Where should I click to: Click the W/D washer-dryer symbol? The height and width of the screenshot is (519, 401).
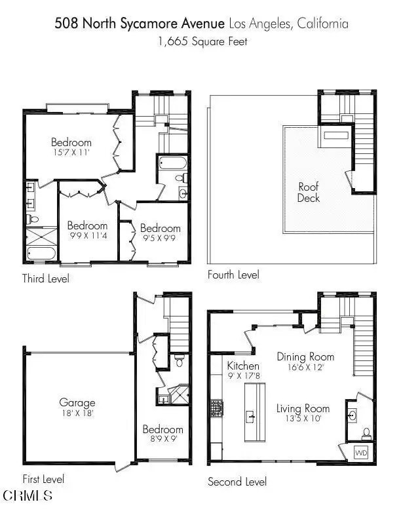pyautogui.click(x=360, y=452)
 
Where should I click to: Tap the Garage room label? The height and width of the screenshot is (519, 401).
pyautogui.click(x=77, y=402)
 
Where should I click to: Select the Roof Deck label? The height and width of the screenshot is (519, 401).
pyautogui.click(x=309, y=192)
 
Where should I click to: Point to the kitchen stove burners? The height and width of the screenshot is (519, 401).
pyautogui.click(x=217, y=408)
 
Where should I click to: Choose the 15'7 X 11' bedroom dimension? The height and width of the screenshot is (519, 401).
pyautogui.click(x=71, y=153)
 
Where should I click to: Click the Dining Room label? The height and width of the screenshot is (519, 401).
pyautogui.click(x=305, y=356)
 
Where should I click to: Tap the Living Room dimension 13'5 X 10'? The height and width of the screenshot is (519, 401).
pyautogui.click(x=303, y=418)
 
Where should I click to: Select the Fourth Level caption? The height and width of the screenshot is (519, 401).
pyautogui.click(x=233, y=275)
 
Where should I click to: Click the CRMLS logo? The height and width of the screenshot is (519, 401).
pyautogui.click(x=28, y=495)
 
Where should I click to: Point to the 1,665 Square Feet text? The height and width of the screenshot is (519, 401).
pyautogui.click(x=202, y=42)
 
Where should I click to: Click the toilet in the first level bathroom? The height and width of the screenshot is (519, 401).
pyautogui.click(x=180, y=360)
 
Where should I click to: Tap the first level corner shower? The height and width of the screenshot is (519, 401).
pyautogui.click(x=179, y=394)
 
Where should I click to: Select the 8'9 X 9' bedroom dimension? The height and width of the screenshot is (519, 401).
pyautogui.click(x=163, y=439)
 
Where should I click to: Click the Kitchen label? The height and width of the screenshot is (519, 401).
pyautogui.click(x=243, y=366)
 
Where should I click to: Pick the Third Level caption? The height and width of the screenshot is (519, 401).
pyautogui.click(x=46, y=279)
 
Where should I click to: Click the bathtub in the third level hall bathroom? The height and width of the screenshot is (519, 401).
pyautogui.click(x=173, y=163)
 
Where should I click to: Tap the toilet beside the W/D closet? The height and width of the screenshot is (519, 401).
pyautogui.click(x=366, y=434)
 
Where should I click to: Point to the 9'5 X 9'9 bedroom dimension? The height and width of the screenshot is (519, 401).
pyautogui.click(x=159, y=238)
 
